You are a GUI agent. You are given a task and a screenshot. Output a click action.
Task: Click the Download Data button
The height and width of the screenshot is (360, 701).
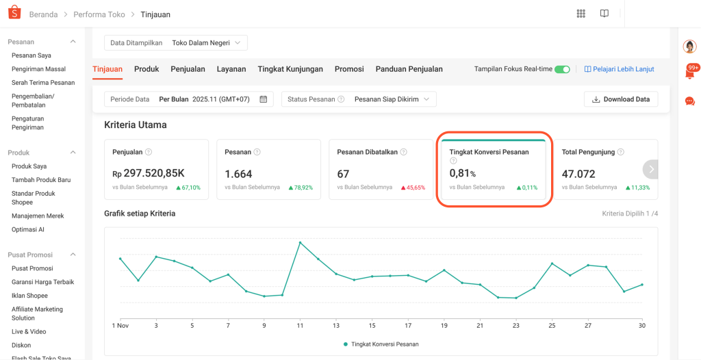(x=621, y=99)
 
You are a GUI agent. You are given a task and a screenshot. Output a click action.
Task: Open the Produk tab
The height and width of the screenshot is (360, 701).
(x=146, y=69)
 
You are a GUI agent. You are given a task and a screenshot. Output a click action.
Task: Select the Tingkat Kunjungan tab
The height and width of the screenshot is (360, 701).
(x=290, y=69)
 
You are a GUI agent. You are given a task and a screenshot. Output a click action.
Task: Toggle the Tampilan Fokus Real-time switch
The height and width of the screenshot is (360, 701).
(x=562, y=69)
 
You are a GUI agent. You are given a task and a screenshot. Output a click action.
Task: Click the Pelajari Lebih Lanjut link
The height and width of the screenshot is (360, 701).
(x=619, y=69)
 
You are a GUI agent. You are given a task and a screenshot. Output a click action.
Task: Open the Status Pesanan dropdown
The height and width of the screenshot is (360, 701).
(x=359, y=99)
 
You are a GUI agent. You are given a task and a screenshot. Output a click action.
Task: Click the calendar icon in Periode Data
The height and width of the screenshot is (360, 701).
(x=264, y=99)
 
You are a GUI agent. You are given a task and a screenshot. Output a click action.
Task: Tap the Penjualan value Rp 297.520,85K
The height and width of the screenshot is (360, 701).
(x=149, y=174)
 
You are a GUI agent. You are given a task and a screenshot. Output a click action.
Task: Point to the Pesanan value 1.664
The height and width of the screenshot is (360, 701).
(x=238, y=174)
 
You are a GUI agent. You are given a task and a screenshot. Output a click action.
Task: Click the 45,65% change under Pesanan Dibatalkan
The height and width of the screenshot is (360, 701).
(x=413, y=188)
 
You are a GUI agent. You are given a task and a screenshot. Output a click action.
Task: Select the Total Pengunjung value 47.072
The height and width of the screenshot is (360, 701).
(x=578, y=174)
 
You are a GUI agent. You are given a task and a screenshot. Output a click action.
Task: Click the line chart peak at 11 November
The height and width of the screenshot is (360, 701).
(x=300, y=242)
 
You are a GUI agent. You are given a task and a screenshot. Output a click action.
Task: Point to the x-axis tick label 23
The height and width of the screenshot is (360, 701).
(x=515, y=326)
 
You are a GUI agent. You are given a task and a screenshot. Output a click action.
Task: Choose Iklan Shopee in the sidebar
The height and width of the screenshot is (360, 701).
(x=29, y=296)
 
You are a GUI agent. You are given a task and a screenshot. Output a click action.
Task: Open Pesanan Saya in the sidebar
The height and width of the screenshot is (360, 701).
(x=31, y=55)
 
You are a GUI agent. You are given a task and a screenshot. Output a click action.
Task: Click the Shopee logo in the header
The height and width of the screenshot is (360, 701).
(x=14, y=14)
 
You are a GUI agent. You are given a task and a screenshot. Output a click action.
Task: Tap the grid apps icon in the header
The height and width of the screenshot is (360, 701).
(x=581, y=14)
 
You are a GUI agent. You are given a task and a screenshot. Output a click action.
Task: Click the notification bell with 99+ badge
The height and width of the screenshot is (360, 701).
(x=691, y=72)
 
